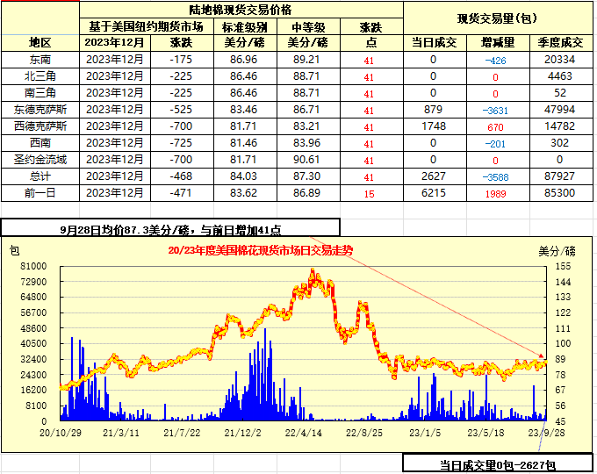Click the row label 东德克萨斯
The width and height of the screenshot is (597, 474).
click(40, 110)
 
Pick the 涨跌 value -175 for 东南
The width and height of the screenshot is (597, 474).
click(181, 59)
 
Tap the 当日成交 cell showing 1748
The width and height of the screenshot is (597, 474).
click(433, 126)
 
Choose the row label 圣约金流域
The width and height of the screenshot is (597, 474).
click(40, 160)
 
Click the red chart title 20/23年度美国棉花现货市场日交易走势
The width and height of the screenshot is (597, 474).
click(260, 250)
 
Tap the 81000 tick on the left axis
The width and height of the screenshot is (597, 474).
click(33, 265)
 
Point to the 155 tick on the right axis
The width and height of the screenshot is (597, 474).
click(563, 265)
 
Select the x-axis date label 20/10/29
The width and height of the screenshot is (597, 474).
click(61, 431)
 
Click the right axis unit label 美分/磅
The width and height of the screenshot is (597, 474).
click(557, 249)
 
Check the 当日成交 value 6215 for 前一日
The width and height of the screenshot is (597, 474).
click(433, 193)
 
